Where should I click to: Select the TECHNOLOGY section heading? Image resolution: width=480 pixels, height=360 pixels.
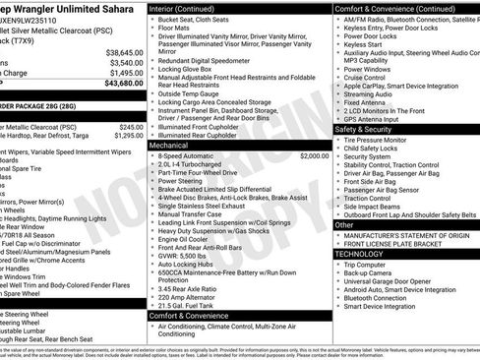(x=358, y=253)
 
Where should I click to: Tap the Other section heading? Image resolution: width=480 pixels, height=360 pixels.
(x=344, y=224)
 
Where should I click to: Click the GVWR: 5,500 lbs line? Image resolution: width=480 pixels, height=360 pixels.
(x=189, y=255)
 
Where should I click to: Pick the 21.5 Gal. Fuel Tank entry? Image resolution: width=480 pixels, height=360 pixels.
(x=194, y=306)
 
